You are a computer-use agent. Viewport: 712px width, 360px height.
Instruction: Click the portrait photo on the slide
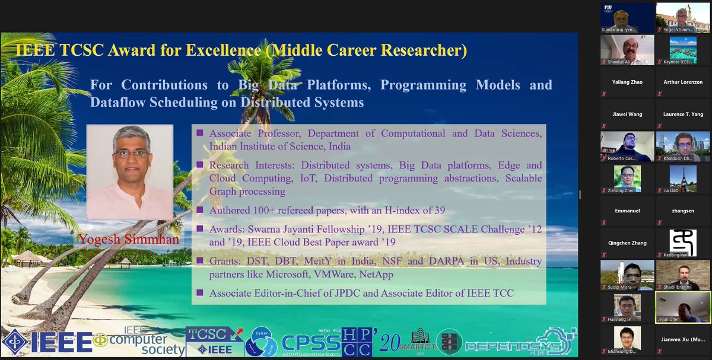click(130, 172)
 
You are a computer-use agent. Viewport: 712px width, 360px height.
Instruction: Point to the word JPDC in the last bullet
click(351, 292)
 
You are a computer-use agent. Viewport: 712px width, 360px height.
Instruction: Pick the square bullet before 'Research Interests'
click(199, 165)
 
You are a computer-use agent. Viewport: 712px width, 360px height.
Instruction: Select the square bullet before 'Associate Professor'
click(199, 133)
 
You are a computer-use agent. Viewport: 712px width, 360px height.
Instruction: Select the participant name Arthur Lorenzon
click(683, 82)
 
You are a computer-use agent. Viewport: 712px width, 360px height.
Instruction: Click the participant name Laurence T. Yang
click(683, 114)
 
